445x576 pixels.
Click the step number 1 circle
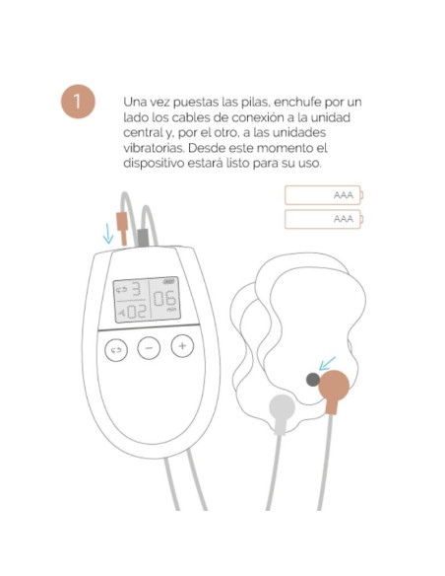77,104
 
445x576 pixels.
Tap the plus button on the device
182,346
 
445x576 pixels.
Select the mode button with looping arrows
115,349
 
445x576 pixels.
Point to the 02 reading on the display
134,313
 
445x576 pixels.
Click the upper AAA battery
324,194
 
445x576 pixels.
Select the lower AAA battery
324,219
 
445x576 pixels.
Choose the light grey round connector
283,406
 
